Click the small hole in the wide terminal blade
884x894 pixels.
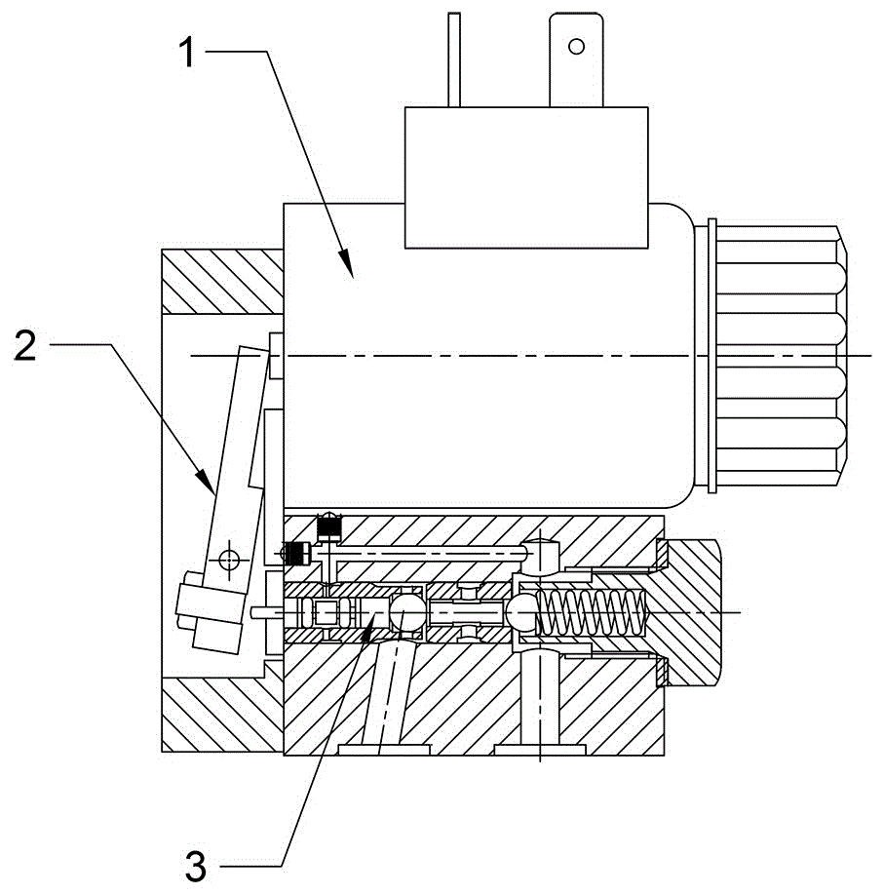tap(576, 45)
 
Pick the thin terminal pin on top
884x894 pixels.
tap(451, 58)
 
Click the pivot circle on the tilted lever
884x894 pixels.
tap(228, 560)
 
